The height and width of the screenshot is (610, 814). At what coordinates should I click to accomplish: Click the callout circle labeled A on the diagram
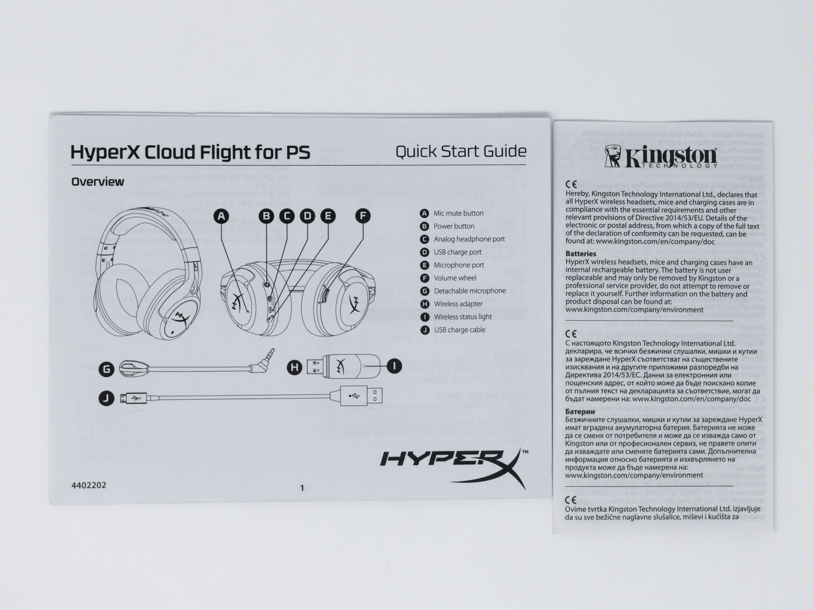pyautogui.click(x=222, y=216)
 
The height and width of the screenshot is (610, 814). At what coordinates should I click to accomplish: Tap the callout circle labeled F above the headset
pyautogui.click(x=363, y=216)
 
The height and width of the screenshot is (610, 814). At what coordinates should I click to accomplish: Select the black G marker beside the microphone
pyautogui.click(x=106, y=369)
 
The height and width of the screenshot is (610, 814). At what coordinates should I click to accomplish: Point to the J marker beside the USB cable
pyautogui.click(x=106, y=398)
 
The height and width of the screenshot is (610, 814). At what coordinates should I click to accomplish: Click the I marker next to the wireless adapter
pyautogui.click(x=394, y=367)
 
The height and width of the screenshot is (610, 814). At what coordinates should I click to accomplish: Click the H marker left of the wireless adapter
pyautogui.click(x=295, y=367)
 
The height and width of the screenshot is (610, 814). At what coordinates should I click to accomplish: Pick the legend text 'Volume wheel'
pyautogui.click(x=455, y=278)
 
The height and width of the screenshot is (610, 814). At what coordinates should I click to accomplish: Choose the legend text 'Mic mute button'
pyautogui.click(x=458, y=213)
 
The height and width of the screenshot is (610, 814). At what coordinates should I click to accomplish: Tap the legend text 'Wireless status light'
pyautogui.click(x=463, y=317)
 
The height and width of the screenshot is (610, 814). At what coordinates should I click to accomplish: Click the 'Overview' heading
pyautogui.click(x=98, y=182)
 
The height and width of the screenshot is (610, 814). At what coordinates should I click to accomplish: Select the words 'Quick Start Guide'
pyautogui.click(x=461, y=152)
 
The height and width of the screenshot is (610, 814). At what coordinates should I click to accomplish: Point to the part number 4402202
pyautogui.click(x=88, y=485)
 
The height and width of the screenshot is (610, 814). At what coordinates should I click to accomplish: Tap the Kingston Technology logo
pyautogui.click(x=661, y=157)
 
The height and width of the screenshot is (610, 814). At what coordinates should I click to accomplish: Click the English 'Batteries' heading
pyautogui.click(x=581, y=254)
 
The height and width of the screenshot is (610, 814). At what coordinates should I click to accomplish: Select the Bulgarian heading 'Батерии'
pyautogui.click(x=580, y=411)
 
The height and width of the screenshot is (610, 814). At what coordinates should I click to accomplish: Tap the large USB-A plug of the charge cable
pyautogui.click(x=361, y=396)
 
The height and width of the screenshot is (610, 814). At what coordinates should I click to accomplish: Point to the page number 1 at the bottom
pyautogui.click(x=302, y=488)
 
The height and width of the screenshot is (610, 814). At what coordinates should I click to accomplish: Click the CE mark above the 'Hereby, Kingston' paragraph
pyautogui.click(x=571, y=184)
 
